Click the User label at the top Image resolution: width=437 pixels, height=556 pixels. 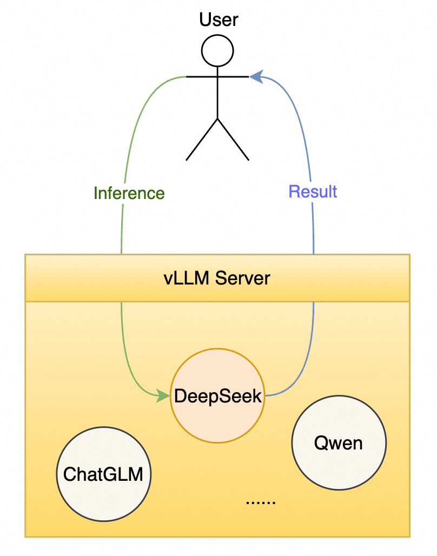pos(219,20)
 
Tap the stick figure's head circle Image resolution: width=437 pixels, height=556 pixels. pos(217,51)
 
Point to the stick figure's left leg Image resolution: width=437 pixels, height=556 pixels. pos(202,139)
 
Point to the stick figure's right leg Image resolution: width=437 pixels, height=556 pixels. pos(233,139)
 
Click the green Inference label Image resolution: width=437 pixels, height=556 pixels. pos(129,193)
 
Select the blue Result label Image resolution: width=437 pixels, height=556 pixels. pos(313,191)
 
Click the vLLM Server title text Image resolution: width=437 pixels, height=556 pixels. pos(217,279)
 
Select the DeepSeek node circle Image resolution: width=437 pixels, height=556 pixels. pos(217,396)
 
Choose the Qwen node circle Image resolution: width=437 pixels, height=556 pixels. pos(339,444)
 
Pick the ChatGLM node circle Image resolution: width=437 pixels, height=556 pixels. pos(104,474)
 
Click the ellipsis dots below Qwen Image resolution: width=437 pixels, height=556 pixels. pos(261,502)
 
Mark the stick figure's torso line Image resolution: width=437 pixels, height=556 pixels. pos(217,97)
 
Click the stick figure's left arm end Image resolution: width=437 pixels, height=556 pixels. pos(188,77)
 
